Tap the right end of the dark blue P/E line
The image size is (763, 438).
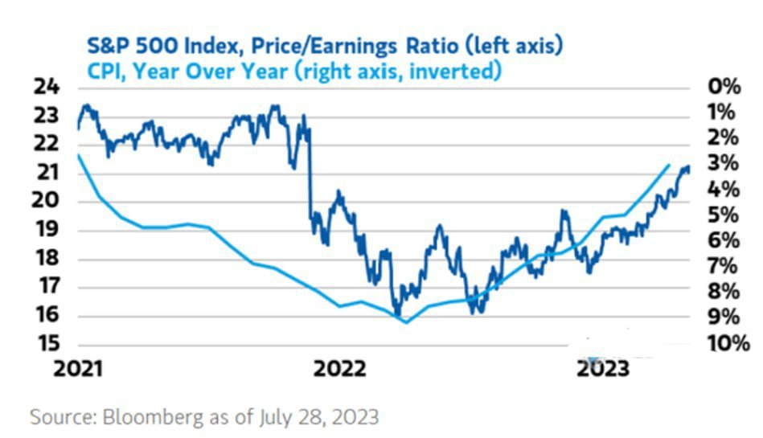pos(689,169)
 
